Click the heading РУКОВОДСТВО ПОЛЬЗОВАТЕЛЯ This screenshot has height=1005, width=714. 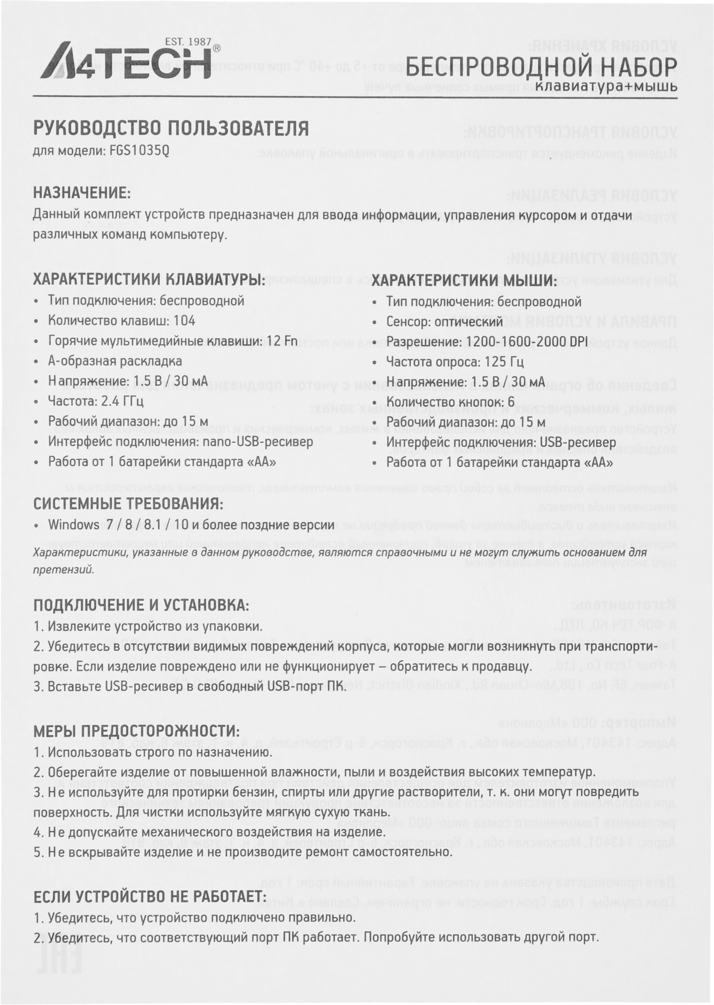(171, 129)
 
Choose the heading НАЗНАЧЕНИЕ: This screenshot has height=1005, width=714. (82, 193)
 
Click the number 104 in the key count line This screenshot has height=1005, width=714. (184, 321)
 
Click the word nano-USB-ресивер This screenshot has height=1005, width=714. (258, 442)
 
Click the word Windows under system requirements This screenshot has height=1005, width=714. (73, 525)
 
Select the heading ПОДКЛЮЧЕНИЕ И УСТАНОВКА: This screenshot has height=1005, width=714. (141, 605)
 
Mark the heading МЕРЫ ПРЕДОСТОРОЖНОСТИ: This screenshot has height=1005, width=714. (136, 731)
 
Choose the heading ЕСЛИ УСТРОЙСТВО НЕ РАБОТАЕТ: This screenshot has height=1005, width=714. (149, 896)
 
